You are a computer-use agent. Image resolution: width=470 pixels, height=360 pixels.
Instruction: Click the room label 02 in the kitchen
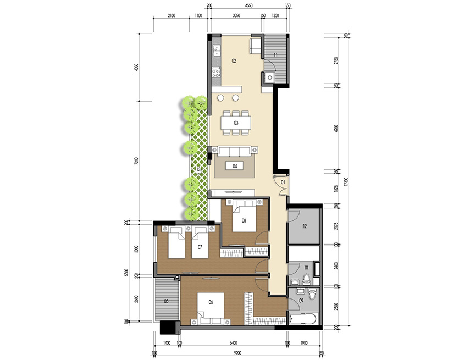(x=234, y=60)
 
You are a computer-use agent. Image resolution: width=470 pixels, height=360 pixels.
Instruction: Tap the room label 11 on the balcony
(x=275, y=56)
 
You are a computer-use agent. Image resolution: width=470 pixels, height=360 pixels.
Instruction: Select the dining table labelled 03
(x=236, y=123)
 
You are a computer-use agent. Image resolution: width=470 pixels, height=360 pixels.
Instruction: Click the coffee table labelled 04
(x=235, y=165)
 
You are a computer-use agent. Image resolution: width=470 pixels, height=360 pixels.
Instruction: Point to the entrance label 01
(x=283, y=181)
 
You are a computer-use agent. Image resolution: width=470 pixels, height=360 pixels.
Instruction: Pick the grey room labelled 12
(x=305, y=225)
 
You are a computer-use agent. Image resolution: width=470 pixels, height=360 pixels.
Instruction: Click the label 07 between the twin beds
(x=200, y=247)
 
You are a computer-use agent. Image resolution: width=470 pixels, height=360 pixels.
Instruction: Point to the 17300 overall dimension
(x=347, y=180)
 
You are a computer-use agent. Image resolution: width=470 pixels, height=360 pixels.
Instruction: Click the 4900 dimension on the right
(x=337, y=128)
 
